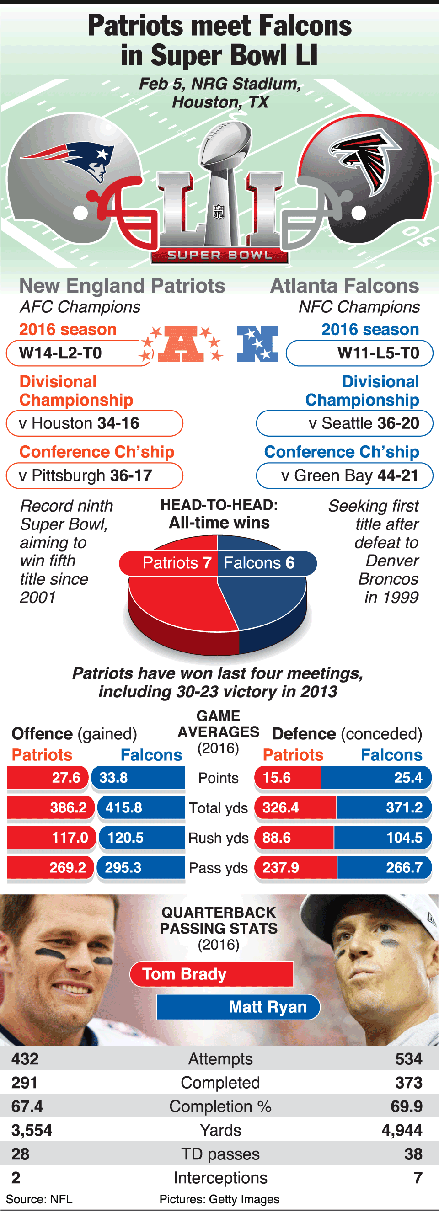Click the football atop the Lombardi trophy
click(225, 142)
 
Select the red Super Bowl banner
click(219, 255)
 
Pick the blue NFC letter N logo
click(258, 343)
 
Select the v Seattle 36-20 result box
click(345, 423)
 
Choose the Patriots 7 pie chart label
click(176, 563)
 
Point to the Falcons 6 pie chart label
click(259, 563)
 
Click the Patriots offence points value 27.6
click(66, 777)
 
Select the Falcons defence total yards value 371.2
click(404, 807)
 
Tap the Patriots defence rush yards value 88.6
click(277, 838)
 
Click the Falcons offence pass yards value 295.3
click(123, 867)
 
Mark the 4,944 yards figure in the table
click(402, 1130)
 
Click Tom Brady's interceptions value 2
click(16, 1177)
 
